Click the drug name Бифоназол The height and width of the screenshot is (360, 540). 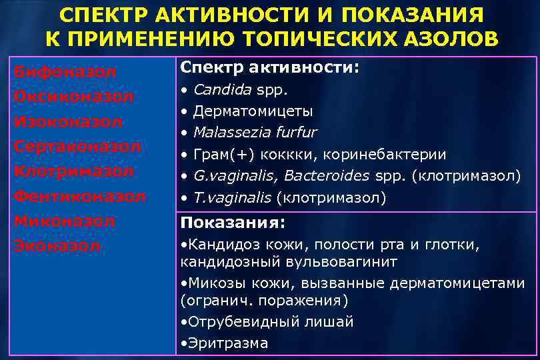click(65, 71)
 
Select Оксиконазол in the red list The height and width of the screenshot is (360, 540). click(74, 97)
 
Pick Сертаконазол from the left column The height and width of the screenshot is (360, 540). click(77, 146)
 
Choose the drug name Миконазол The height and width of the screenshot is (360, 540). click(65, 221)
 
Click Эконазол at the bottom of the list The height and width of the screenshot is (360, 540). click(57, 246)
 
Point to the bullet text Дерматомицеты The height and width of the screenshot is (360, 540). click(253, 111)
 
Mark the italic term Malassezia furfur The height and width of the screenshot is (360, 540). click(255, 132)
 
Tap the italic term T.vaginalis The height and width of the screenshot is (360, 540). click(232, 197)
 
